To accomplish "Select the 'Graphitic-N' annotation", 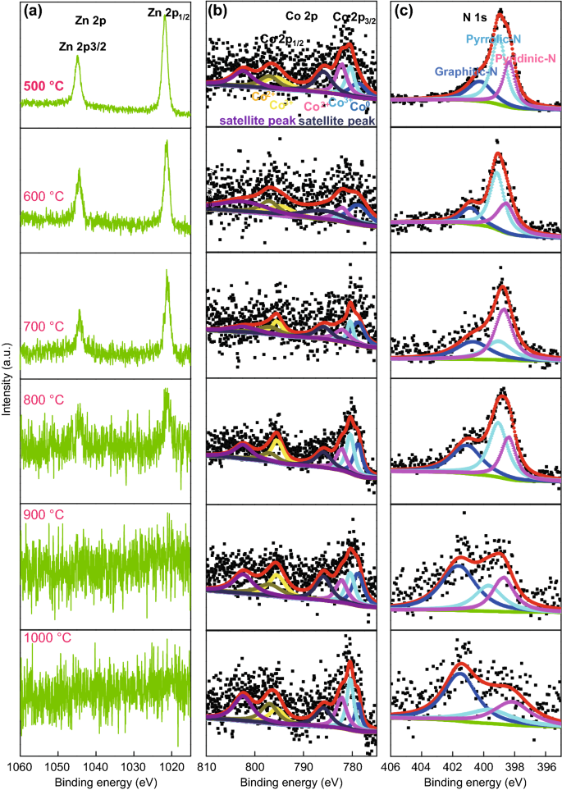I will coord(465,71).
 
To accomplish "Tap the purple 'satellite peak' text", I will coord(255,120).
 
